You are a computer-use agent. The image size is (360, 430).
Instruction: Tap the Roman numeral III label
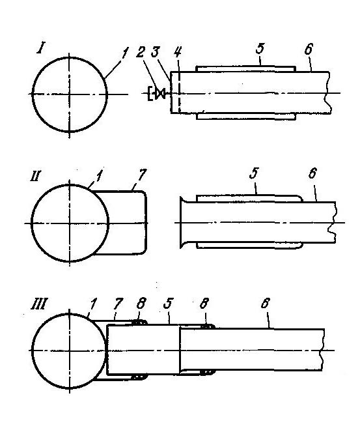(x=38, y=304)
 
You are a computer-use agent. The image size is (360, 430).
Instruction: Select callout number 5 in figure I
(x=260, y=49)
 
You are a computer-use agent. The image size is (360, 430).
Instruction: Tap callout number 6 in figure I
(x=309, y=50)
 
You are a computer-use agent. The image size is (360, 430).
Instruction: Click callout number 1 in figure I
(x=124, y=53)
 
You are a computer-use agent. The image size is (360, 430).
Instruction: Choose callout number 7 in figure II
(x=142, y=175)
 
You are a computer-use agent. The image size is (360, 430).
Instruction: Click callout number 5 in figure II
(x=254, y=173)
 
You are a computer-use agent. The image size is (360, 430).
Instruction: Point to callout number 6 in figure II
(x=312, y=173)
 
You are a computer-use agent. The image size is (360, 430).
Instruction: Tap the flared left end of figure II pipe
(x=182, y=222)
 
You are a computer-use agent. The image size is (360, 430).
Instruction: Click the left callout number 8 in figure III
(x=141, y=304)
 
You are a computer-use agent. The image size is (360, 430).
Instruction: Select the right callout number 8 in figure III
(x=204, y=304)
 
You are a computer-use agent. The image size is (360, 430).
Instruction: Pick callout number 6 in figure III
(x=265, y=304)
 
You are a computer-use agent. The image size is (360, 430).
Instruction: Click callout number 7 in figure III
(x=118, y=304)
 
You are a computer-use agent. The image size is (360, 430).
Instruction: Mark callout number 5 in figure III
(x=168, y=304)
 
